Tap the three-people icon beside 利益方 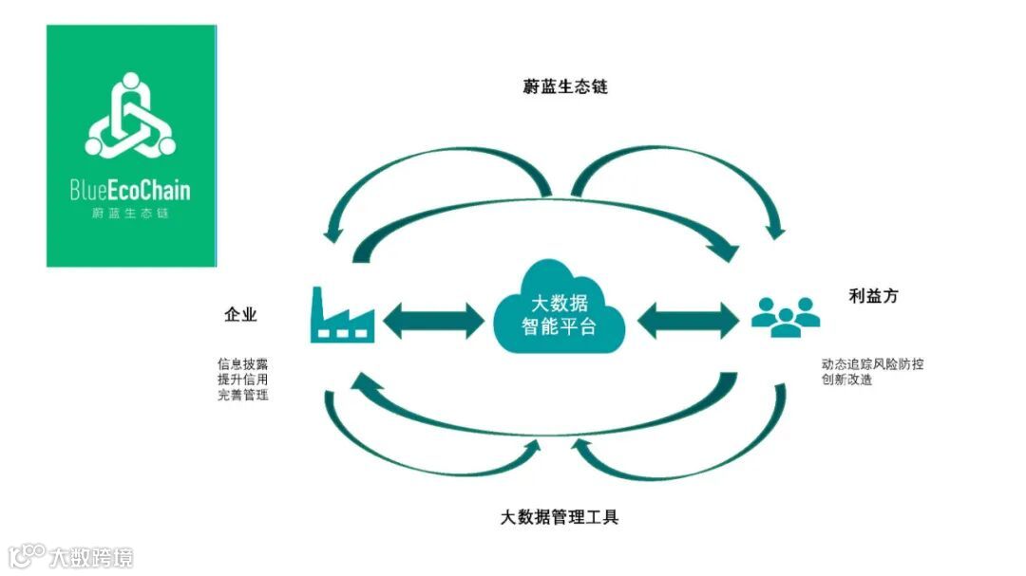(786, 317)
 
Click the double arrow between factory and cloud (432, 320)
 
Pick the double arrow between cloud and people (687, 320)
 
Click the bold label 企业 (240, 315)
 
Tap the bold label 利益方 (873, 296)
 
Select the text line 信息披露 (242, 363)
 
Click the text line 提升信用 (242, 379)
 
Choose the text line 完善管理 (242, 394)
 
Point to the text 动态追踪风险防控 (872, 363)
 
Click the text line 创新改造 (847, 380)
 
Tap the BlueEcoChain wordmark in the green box (130, 190)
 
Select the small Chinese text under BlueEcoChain (131, 214)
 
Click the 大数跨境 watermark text (92, 556)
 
